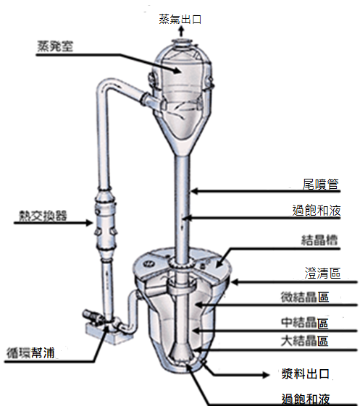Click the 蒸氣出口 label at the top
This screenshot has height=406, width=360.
click(x=180, y=19)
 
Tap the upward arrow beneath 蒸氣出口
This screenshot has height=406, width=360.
click(x=181, y=31)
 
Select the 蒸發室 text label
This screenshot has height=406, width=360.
click(x=55, y=46)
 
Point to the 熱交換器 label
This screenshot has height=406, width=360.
click(x=43, y=216)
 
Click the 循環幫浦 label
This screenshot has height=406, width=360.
click(x=30, y=353)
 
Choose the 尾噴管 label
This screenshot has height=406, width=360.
click(x=321, y=184)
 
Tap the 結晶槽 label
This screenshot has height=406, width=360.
click(x=319, y=240)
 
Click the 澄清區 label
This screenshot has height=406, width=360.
click(x=322, y=273)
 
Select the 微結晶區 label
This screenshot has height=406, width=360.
click(x=305, y=297)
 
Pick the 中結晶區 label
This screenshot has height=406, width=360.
click(x=305, y=322)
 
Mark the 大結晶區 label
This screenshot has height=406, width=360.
click(x=305, y=341)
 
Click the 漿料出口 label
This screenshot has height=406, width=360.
click(x=306, y=374)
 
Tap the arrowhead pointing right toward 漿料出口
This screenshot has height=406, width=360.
click(x=265, y=375)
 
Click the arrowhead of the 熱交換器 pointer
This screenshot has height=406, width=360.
click(x=89, y=222)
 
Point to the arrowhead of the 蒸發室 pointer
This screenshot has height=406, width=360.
click(x=177, y=69)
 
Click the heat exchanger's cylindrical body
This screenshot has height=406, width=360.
click(x=105, y=223)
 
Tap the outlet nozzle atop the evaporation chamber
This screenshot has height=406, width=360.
click(x=183, y=43)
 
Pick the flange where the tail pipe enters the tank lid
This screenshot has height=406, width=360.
click(x=183, y=263)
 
